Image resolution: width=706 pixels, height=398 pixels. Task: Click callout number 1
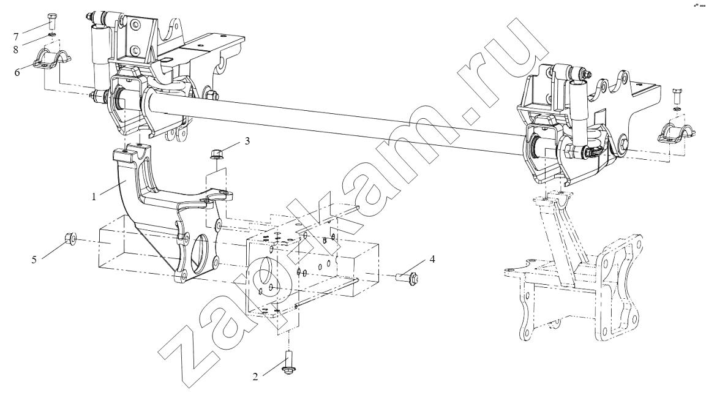94,197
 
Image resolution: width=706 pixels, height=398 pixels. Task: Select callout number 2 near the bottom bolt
255,377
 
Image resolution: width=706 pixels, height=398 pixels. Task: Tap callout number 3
247,141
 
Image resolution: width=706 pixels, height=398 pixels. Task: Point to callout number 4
432,260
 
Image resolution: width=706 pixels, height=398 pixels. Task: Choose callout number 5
34,260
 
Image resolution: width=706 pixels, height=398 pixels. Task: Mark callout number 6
17,72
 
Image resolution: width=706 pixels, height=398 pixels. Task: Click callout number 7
16,36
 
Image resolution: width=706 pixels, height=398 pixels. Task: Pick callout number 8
16,49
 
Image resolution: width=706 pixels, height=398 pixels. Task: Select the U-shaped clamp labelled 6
54,59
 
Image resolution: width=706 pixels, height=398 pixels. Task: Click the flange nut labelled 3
215,155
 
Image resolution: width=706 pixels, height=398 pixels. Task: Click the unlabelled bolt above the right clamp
677,96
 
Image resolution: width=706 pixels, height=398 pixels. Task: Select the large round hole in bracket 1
200,249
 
